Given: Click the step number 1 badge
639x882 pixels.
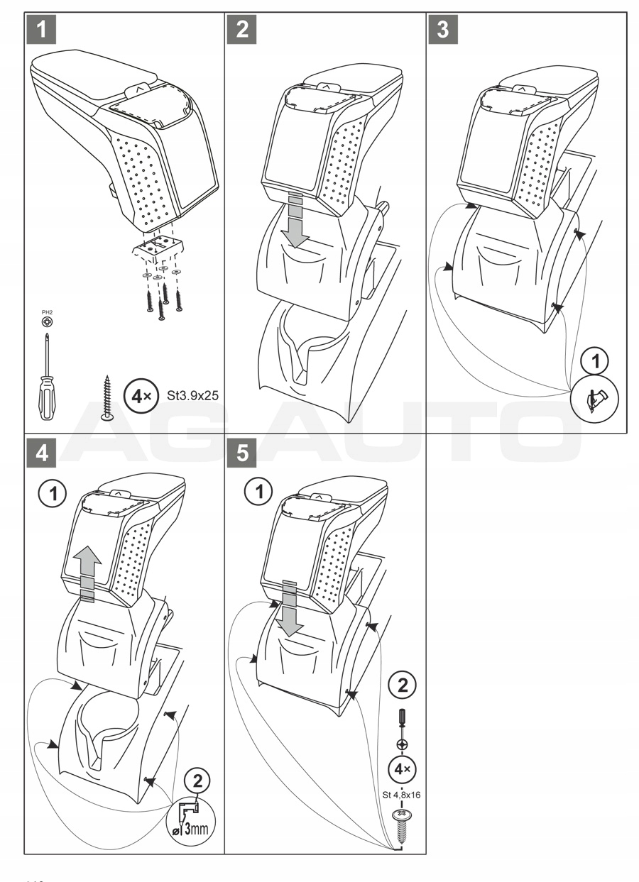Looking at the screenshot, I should point(42,31).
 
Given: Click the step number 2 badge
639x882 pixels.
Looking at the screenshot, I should point(243,31).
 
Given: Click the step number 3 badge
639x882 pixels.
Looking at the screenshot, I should point(443,31).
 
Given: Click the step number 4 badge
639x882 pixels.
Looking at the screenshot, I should point(42,453).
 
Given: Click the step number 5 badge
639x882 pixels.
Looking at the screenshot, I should point(243,453).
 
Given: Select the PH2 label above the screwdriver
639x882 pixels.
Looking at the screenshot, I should point(46,310).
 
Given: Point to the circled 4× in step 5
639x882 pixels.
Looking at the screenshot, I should point(401,769).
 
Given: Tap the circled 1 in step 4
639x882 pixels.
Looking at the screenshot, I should point(50,491).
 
